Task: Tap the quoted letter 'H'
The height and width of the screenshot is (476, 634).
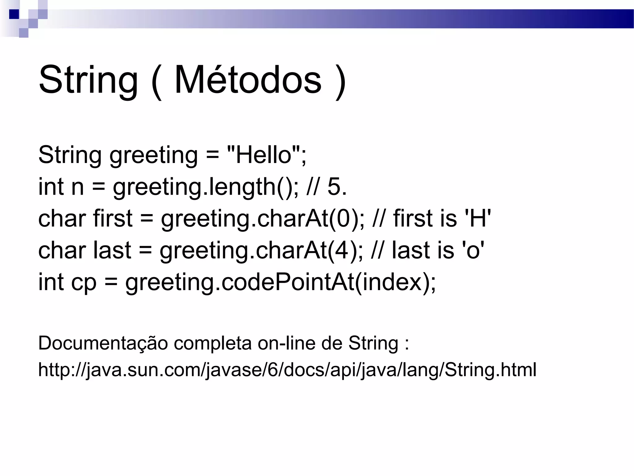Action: (x=478, y=218)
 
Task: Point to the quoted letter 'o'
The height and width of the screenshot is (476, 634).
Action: (x=473, y=250)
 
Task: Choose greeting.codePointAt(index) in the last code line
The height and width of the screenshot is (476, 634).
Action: (x=280, y=283)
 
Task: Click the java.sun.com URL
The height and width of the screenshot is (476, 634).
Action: (x=287, y=370)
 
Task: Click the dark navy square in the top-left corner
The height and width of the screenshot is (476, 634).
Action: (x=14, y=14)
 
